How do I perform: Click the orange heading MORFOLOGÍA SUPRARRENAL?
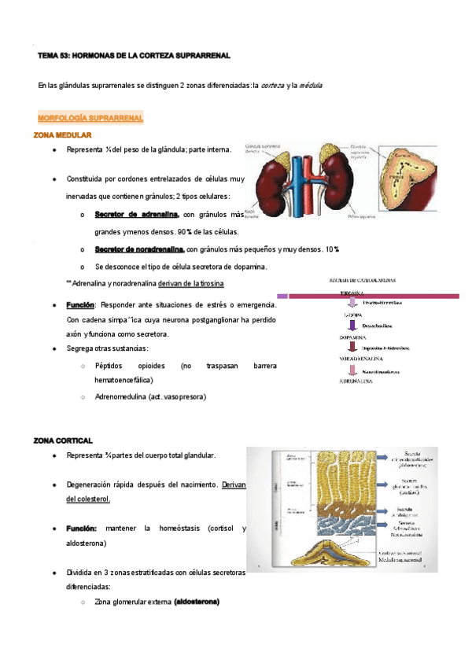point(90,118)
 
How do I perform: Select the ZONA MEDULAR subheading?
point(63,135)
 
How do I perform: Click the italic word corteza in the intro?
point(272,85)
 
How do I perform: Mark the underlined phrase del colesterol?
point(88,499)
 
